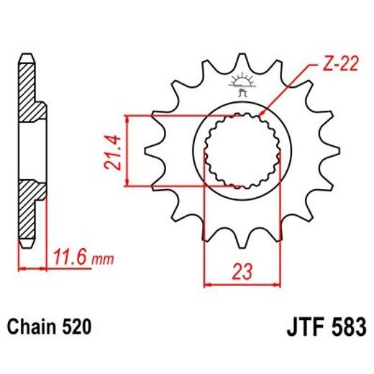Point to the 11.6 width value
65,255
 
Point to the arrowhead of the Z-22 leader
263,114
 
